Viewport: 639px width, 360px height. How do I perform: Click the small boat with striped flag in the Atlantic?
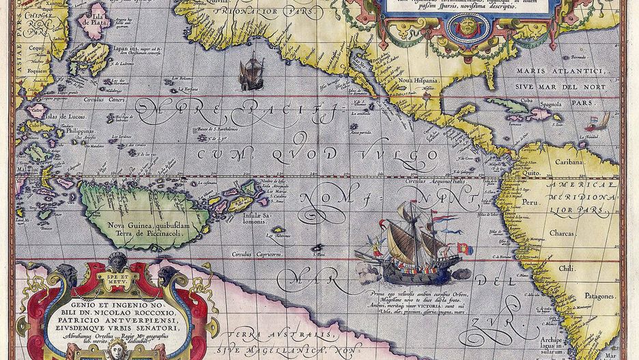coord(594,122)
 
